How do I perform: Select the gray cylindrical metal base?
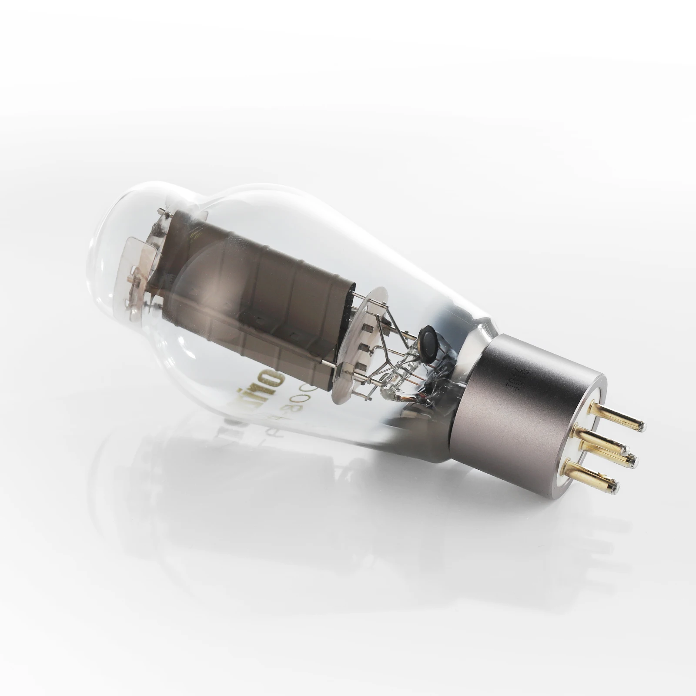pyautogui.click(x=522, y=413)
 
